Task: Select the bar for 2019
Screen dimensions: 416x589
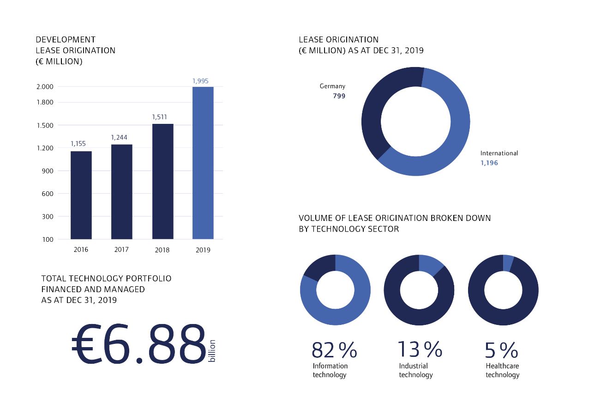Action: click(x=203, y=163)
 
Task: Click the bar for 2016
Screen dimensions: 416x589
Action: click(x=81, y=195)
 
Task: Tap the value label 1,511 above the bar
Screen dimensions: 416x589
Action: click(x=159, y=117)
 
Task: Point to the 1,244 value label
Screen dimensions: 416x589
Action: click(x=119, y=137)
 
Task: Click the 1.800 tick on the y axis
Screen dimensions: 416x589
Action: click(x=44, y=102)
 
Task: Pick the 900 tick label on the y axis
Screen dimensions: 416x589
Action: click(x=48, y=171)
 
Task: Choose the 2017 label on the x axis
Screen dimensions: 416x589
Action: click(x=121, y=250)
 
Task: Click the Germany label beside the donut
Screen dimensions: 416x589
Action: click(x=332, y=86)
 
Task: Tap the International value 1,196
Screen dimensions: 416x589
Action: click(x=489, y=163)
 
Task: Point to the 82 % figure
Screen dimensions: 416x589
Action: click(x=334, y=350)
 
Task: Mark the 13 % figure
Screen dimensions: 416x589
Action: click(x=420, y=349)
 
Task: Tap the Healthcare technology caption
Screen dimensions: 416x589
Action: click(x=502, y=370)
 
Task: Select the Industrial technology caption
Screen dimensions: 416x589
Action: click(x=415, y=370)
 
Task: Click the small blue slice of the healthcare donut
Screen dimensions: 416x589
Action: click(x=508, y=263)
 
